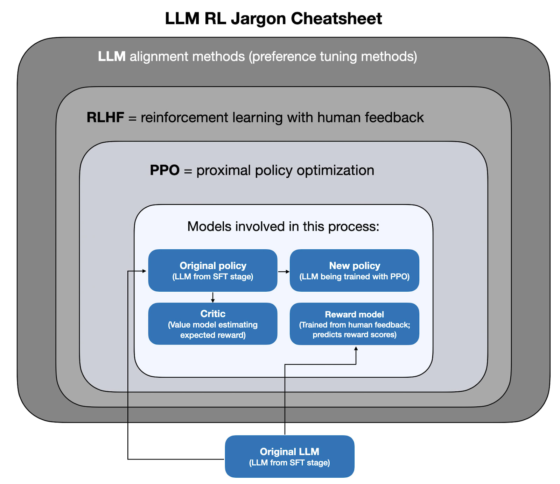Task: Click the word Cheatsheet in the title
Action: (336, 19)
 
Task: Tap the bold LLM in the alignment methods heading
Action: (112, 56)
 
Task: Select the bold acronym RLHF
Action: (105, 118)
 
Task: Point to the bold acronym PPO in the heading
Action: (164, 170)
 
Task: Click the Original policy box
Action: (213, 270)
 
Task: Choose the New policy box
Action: (354, 270)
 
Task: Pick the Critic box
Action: (213, 323)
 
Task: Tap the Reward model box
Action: (354, 323)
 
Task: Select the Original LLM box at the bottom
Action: (289, 456)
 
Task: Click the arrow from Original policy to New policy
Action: (283, 271)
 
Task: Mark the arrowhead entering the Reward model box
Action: (356, 349)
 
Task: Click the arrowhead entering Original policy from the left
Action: (144, 271)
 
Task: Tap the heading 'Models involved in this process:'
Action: (283, 227)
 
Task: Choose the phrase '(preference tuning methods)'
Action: (333, 56)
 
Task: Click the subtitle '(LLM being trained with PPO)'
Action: (354, 277)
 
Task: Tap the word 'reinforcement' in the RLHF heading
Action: (184, 118)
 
